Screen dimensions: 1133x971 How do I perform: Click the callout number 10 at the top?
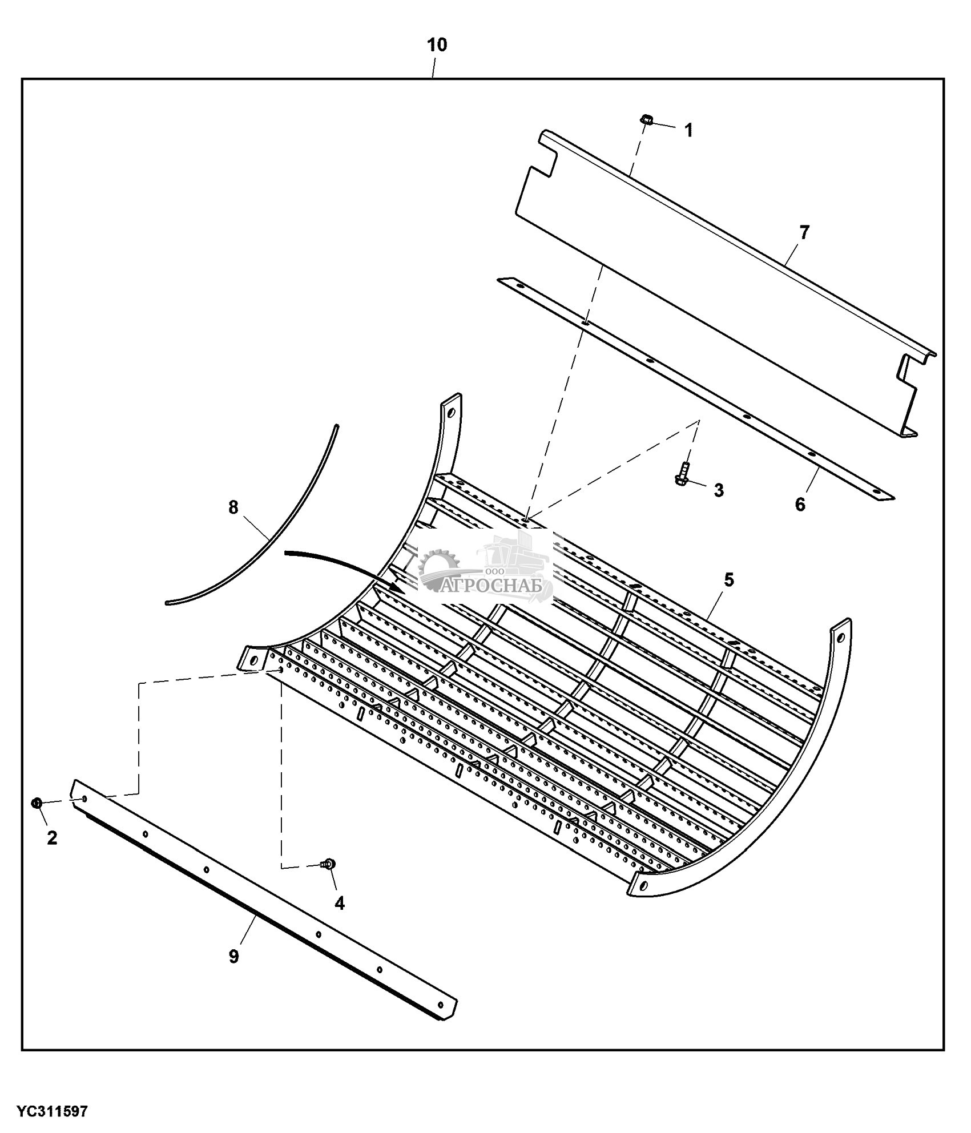pos(437,45)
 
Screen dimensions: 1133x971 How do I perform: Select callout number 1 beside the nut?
pos(689,130)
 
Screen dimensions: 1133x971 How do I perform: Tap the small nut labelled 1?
pos(646,120)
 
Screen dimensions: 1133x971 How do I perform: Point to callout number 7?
pos(804,233)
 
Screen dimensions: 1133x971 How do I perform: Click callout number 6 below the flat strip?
pos(800,504)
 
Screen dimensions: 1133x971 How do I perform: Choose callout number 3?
pos(719,490)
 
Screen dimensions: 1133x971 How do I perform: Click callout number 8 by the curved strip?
pos(233,507)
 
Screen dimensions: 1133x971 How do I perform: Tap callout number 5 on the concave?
pos(729,580)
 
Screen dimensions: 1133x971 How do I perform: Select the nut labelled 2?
pos(36,803)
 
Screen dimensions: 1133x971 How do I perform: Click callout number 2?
pos(52,838)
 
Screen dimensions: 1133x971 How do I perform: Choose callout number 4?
pos(340,903)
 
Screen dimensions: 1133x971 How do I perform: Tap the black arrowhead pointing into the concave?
pos(397,586)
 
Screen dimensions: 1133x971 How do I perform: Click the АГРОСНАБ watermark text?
pos(498,587)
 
